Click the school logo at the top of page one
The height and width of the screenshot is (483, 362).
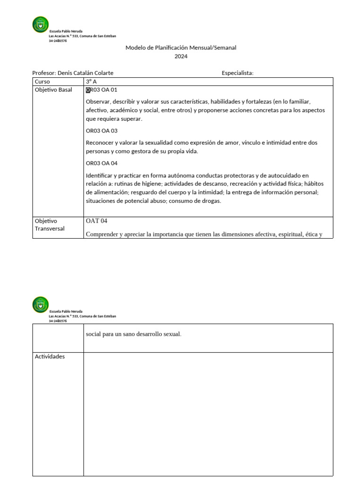40,25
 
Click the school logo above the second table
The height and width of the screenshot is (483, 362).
40,304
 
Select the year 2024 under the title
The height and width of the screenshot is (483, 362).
181,56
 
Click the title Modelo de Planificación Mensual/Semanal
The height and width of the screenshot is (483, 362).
181,48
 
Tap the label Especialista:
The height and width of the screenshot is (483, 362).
238,73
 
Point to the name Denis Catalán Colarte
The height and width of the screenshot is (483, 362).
85,73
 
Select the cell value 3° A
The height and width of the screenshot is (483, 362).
91,82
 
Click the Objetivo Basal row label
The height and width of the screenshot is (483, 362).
53,90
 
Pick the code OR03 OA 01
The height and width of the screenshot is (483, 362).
101,90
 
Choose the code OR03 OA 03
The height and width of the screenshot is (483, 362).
101,131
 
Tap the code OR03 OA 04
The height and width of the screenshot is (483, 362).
101,163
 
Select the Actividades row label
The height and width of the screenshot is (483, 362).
49,356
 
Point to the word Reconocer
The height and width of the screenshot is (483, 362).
99,142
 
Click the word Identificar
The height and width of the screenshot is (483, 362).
99,175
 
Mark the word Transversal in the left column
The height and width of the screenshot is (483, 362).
49,229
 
